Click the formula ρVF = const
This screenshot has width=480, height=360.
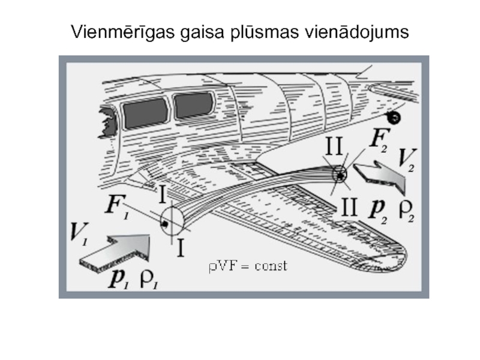(248, 266)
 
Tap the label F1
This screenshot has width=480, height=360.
(118, 206)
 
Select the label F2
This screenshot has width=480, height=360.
(380, 139)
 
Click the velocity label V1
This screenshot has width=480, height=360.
(79, 234)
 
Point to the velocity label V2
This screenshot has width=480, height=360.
(407, 160)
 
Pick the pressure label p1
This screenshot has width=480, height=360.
(118, 278)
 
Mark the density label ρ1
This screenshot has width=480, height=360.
(149, 279)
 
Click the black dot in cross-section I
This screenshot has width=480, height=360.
(165, 224)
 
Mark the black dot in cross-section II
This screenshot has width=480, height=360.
(340, 176)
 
